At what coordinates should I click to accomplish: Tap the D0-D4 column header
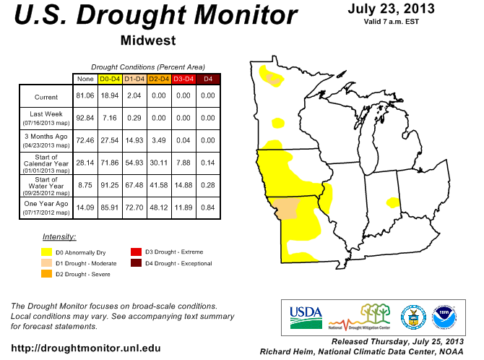110,78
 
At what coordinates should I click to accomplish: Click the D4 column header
208,78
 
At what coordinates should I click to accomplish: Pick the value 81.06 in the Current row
85,95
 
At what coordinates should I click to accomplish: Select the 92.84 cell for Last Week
85,116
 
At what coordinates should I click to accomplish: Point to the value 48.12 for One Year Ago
159,208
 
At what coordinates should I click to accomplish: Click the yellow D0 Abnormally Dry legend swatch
47,252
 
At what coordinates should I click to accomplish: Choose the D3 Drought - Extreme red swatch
136,252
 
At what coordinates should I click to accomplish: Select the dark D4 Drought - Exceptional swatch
136,263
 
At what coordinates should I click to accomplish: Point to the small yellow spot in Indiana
393,201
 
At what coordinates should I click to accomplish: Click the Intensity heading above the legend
59,237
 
